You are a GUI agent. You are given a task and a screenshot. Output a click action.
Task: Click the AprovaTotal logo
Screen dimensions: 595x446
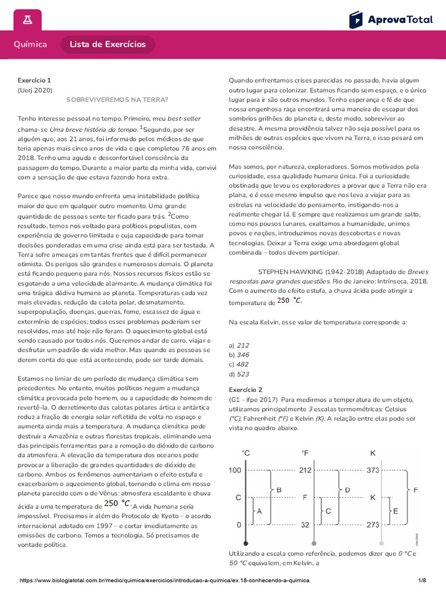pos(391,20)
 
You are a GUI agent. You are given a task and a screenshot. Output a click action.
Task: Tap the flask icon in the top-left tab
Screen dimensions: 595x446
pos(27,20)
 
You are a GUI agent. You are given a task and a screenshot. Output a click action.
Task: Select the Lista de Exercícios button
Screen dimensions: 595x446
pos(108,45)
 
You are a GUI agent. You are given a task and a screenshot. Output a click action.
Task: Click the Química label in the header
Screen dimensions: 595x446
pos(30,45)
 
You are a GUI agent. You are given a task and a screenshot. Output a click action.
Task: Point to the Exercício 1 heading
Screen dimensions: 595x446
pos(34,80)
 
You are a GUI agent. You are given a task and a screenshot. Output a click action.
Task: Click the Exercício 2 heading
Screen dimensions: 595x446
pos(246,389)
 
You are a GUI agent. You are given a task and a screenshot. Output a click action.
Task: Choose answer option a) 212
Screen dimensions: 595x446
pos(239,345)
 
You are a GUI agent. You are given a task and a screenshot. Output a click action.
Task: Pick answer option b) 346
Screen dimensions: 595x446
pos(239,354)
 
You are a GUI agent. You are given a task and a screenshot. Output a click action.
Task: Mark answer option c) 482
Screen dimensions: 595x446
pos(239,364)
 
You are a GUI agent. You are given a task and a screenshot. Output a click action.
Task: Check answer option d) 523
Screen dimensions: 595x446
pos(239,374)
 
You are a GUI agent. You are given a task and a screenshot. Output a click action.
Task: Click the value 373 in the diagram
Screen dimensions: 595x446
pos(373,471)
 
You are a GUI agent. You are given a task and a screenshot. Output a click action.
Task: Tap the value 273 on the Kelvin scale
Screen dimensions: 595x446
pos(373,525)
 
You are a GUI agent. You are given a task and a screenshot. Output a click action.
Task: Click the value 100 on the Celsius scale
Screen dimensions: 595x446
pos(234,471)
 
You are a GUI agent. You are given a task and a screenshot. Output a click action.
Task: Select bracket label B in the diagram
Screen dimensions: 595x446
pos(279,490)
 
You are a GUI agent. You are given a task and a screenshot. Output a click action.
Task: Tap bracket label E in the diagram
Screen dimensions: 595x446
pos(395,511)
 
